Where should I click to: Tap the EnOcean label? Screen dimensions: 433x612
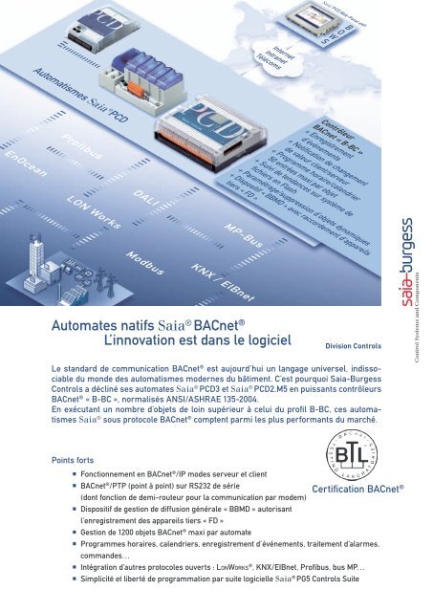pos(20,164)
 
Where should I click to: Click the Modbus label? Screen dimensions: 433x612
pos(144,260)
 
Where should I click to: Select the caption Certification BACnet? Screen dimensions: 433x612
pos(358,515)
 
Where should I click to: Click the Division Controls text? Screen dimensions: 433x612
pos(354,347)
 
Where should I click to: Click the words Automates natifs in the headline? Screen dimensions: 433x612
pos(102,325)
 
